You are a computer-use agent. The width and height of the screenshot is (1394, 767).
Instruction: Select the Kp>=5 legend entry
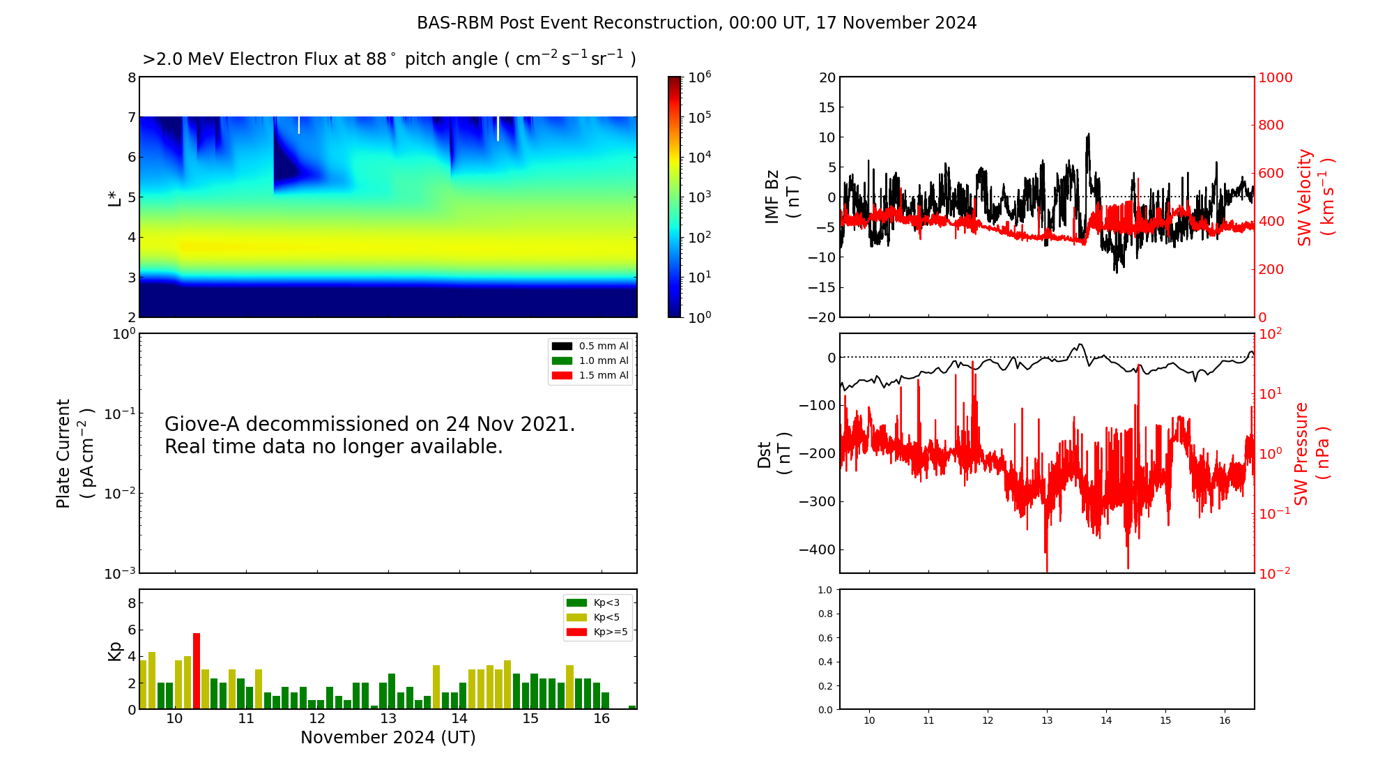tap(598, 632)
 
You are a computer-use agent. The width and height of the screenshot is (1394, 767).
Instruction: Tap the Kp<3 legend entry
tap(598, 602)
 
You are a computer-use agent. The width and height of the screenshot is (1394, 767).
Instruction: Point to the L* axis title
tap(114, 197)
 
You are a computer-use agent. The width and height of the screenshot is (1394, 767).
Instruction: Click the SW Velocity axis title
tap(1315, 197)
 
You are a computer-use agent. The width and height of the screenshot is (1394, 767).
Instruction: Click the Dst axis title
tap(774, 454)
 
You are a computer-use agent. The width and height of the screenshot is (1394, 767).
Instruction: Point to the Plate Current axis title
tap(74, 454)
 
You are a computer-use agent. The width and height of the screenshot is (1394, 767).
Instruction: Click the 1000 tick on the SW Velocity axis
tap(1275, 77)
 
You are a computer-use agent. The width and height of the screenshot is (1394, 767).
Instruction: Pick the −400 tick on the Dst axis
tap(816, 549)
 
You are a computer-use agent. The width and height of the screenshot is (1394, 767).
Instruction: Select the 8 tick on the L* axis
tap(131, 77)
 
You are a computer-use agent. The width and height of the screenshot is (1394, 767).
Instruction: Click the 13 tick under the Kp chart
tap(388, 719)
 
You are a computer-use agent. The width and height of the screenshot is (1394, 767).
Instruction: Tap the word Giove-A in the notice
tap(202, 424)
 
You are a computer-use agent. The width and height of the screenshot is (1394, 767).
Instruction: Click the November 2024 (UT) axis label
tap(388, 738)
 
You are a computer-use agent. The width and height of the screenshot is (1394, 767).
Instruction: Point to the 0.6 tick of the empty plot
tap(825, 638)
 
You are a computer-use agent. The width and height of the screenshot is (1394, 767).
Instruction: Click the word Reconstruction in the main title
tap(656, 23)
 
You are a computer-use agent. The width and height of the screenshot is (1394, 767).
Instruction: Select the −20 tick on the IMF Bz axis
tap(821, 317)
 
